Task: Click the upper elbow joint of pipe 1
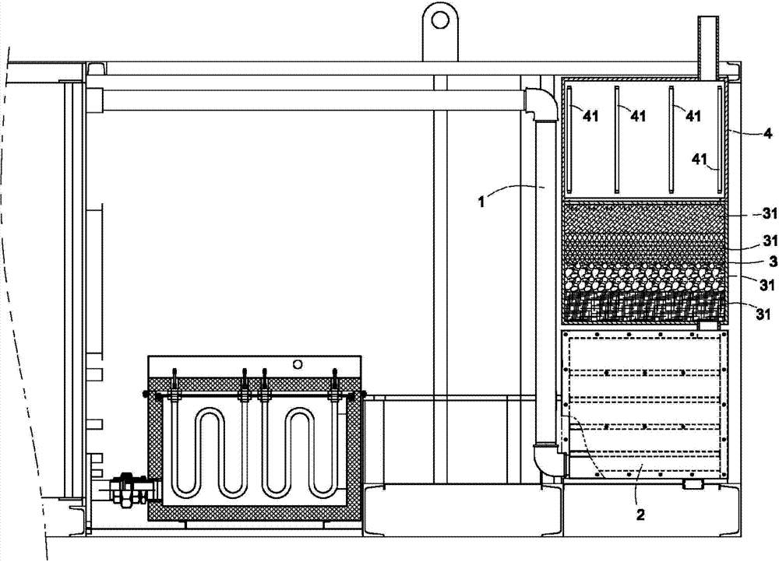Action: tap(540, 105)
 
